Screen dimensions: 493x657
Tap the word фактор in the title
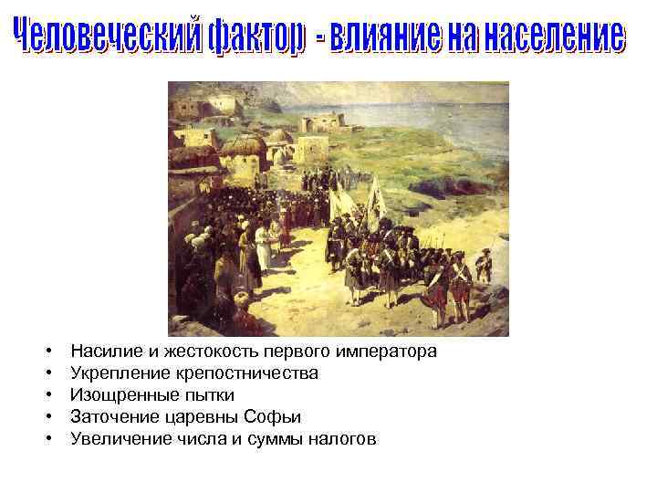pos(240,39)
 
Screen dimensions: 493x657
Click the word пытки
pos(209,395)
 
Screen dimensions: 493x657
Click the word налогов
pos(342,439)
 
